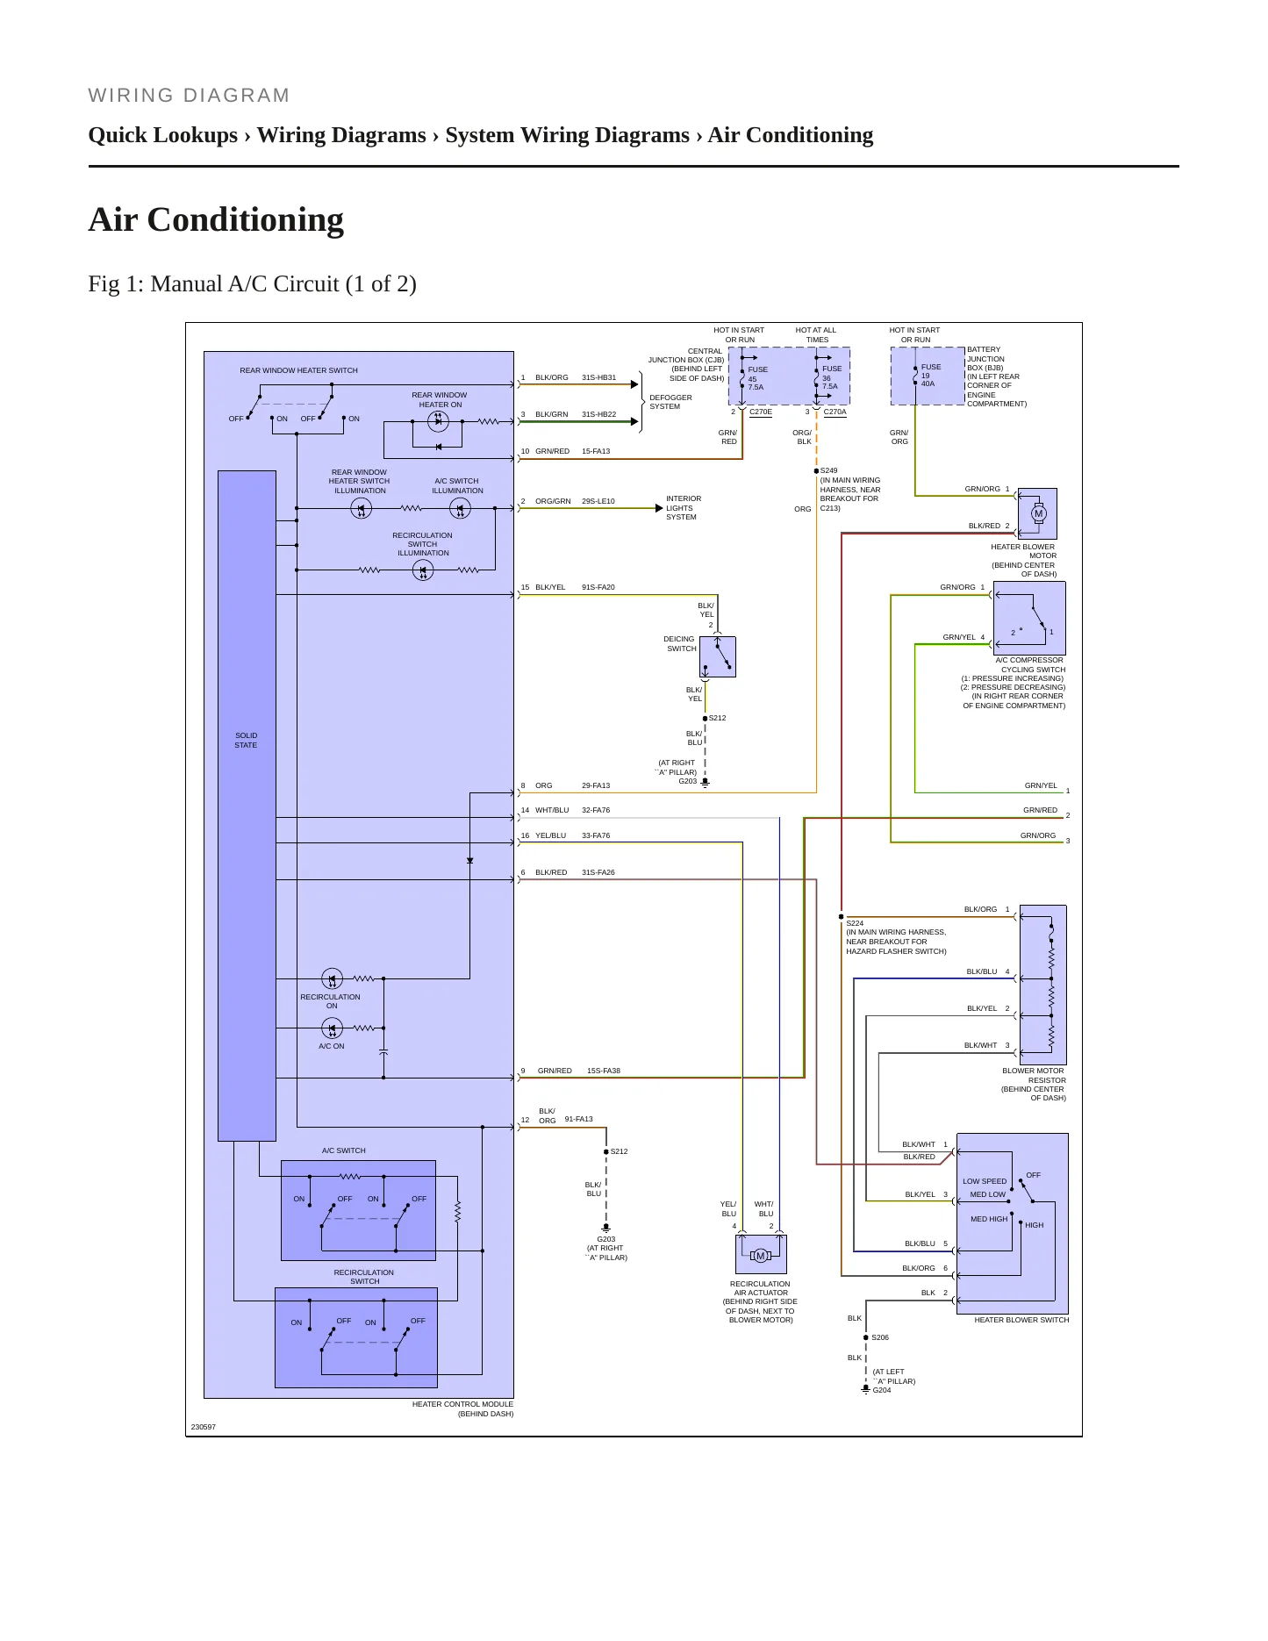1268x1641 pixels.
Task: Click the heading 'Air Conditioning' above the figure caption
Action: coord(216,219)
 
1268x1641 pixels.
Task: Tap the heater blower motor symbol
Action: coord(1039,513)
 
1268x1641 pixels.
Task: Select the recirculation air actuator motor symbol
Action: coord(760,1256)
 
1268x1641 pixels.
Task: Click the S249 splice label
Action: coord(829,470)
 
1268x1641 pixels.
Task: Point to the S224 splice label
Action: coord(855,923)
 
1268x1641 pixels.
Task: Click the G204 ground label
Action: coord(882,1390)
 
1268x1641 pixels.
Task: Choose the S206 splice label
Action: coord(880,1337)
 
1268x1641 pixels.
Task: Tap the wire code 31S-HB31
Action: coord(599,377)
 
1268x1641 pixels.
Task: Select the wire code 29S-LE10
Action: coord(598,501)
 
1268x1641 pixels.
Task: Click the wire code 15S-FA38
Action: coord(604,1071)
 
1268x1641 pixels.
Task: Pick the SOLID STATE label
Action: coord(246,741)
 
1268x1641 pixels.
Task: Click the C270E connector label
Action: coord(761,412)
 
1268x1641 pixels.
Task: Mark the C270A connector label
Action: coord(835,412)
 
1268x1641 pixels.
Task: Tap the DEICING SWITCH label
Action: coord(680,644)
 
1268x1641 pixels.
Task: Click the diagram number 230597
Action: coord(204,1427)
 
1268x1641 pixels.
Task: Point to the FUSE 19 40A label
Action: coord(929,376)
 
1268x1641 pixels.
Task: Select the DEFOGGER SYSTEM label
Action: coord(670,402)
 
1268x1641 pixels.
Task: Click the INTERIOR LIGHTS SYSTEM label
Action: coord(683,508)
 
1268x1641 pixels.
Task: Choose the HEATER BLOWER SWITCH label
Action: coord(1021,1320)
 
